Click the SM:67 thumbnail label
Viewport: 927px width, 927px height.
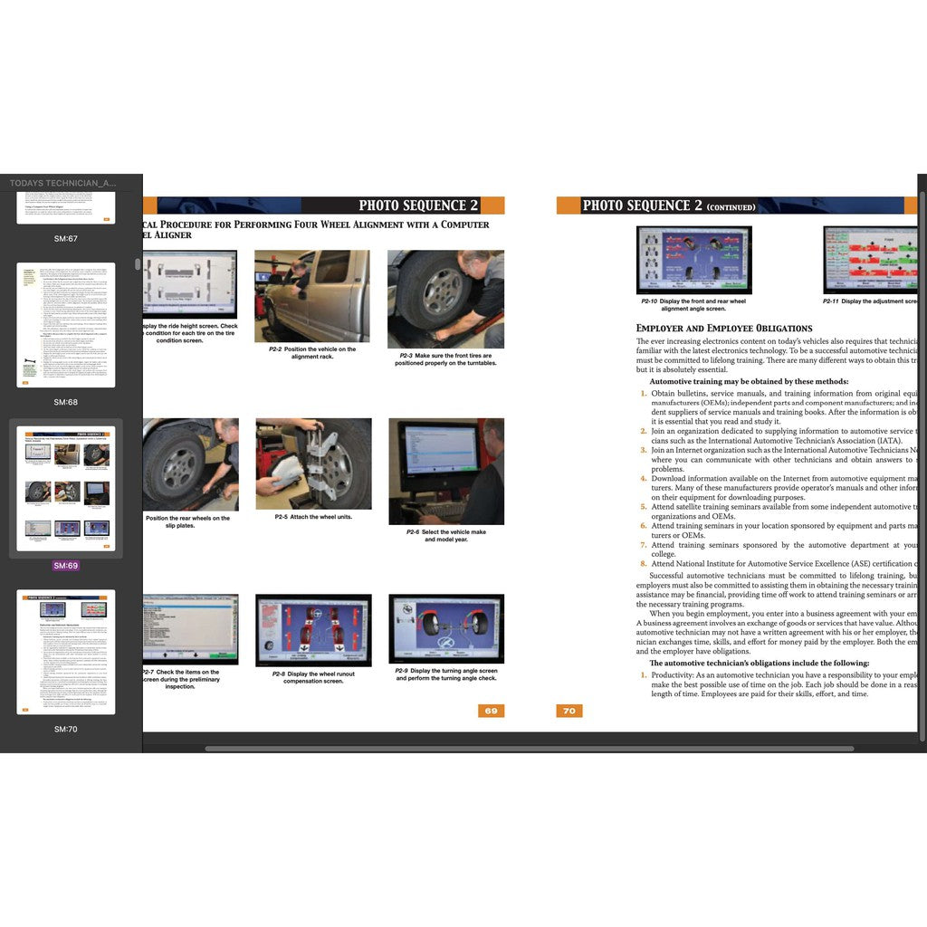[65, 239]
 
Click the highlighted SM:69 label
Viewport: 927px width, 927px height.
[65, 566]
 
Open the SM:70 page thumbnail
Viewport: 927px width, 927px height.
[65, 652]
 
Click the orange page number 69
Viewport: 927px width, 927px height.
[491, 711]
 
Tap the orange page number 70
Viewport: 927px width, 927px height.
[569, 711]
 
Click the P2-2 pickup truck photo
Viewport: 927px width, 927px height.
[311, 295]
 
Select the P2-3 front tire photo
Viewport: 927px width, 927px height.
[445, 299]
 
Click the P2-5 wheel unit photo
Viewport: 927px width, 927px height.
[313, 463]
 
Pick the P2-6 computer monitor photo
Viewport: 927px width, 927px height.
[446, 471]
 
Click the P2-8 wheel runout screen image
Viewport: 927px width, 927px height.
[313, 629]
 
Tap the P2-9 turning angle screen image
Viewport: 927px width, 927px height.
[446, 628]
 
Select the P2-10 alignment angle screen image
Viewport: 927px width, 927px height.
[693, 260]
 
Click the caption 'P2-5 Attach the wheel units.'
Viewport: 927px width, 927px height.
[313, 517]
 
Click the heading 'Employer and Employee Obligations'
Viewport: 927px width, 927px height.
[724, 328]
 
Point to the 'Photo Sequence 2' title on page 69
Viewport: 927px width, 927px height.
[418, 205]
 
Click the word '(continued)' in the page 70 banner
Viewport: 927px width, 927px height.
[731, 207]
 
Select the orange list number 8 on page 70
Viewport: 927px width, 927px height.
[644, 564]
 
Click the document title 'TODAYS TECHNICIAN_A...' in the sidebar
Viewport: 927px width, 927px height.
[63, 183]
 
